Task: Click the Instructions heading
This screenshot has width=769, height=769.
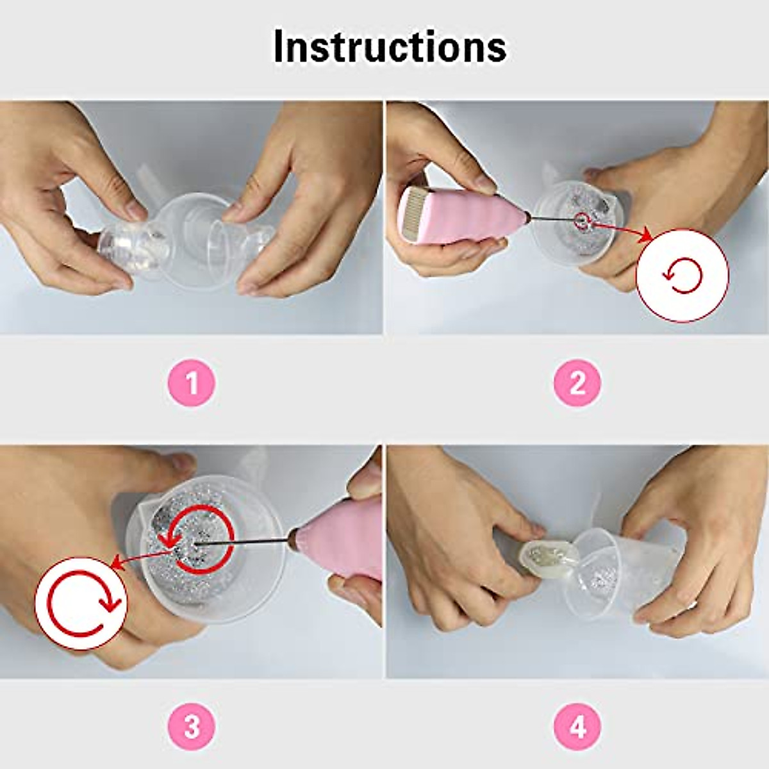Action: pos(390,46)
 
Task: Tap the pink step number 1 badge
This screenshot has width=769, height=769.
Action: pos(192,384)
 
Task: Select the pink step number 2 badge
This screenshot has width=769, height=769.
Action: pos(577,384)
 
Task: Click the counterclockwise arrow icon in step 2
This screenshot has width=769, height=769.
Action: pos(682,276)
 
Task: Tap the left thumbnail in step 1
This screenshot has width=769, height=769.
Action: pos(136,209)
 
